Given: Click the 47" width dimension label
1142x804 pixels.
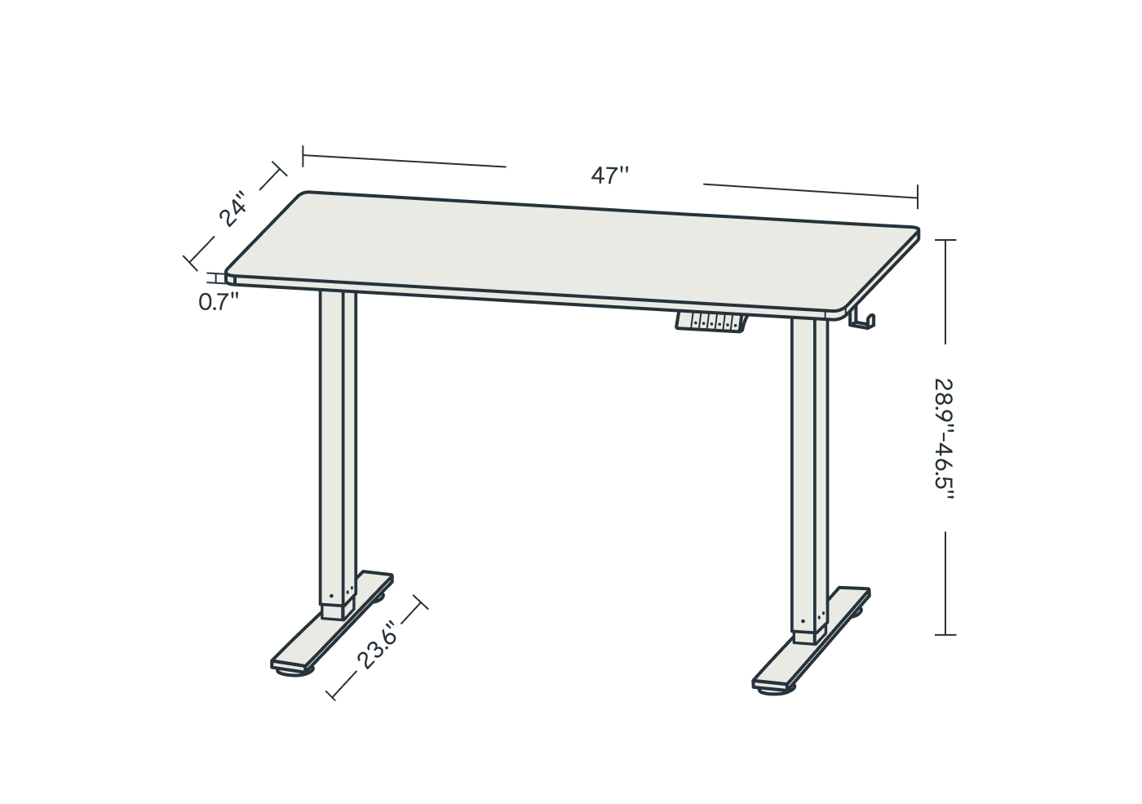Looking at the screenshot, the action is coord(610,175).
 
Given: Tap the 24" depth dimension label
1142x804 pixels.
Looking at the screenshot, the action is coord(232,209).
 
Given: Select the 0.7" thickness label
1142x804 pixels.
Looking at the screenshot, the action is coord(219,302).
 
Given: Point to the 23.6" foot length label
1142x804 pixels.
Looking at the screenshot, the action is coord(377,645).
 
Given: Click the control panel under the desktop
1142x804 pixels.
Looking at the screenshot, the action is coord(711,323).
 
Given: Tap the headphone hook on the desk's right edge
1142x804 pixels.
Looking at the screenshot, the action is coord(862,319).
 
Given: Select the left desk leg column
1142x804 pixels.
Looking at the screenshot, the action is coord(338,449).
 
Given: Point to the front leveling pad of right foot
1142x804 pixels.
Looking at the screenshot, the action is coord(776,691).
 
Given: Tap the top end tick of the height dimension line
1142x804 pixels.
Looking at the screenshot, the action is coord(945,240).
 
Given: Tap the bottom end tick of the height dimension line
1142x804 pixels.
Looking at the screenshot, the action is coord(945,635).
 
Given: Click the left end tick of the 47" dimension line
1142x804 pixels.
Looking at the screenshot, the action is coord(303,156).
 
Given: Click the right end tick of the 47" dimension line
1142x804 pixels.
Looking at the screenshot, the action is coord(918,197).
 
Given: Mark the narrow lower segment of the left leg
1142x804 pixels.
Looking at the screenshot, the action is coord(338,611).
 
